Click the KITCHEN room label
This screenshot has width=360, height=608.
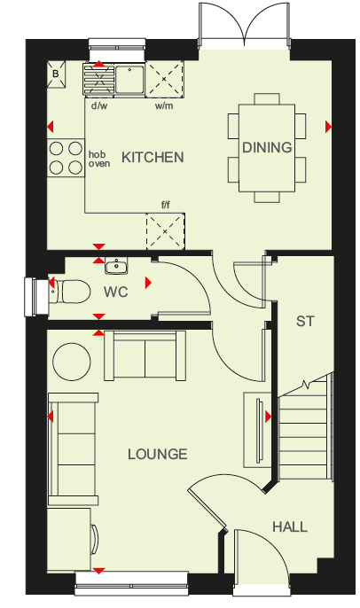(x=153, y=158)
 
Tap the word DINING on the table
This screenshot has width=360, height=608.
(x=267, y=147)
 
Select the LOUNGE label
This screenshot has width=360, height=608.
(x=158, y=454)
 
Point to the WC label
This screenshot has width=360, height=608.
(x=115, y=292)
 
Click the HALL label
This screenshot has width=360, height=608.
(x=290, y=527)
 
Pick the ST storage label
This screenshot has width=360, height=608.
(x=305, y=321)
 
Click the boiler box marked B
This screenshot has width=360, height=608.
(x=56, y=74)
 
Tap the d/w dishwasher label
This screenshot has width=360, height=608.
(x=99, y=105)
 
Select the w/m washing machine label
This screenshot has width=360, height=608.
(x=164, y=105)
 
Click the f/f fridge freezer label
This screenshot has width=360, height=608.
(x=166, y=205)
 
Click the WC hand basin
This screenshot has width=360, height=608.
(x=116, y=267)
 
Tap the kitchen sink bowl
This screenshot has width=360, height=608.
(x=129, y=79)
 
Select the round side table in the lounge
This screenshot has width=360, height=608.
(x=71, y=362)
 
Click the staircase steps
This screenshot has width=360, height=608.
(x=305, y=430)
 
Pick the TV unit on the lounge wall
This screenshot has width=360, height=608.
(x=257, y=430)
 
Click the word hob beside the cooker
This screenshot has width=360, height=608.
(x=97, y=155)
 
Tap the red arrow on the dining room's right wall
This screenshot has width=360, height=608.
(x=329, y=127)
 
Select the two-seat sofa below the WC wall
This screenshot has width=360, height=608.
(x=145, y=355)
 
